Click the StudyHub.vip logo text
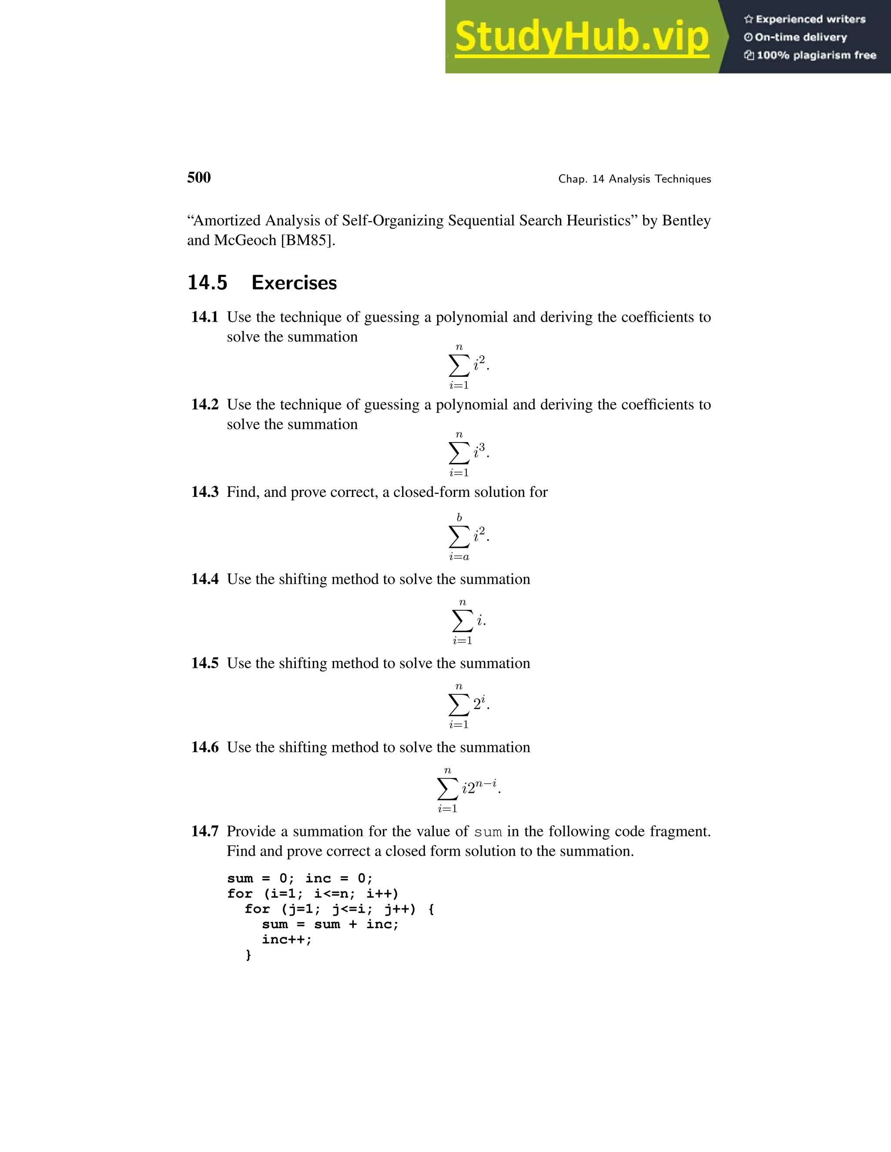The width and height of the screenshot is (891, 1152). click(581, 37)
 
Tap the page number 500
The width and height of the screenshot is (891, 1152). click(198, 178)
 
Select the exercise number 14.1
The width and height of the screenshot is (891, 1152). click(204, 317)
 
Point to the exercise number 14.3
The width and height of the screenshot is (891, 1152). click(204, 492)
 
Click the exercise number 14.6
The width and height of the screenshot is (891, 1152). click(204, 747)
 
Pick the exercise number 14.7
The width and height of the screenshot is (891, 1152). click(204, 832)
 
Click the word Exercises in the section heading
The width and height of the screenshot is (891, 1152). click(294, 283)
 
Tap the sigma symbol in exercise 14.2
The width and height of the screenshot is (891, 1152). click(458, 453)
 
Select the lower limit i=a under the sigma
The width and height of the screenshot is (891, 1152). click(459, 557)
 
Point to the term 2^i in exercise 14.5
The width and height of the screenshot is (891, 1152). click(480, 704)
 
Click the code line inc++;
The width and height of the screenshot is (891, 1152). click(287, 939)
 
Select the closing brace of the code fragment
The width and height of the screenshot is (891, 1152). click(248, 955)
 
